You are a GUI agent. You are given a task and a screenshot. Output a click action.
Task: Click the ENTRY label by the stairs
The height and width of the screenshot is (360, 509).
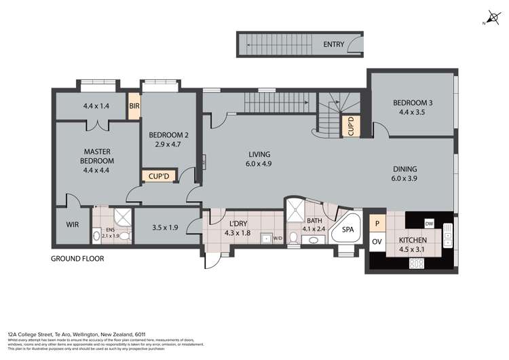tap(333, 45)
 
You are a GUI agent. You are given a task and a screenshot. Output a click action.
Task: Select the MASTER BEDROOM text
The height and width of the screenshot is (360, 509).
tap(98, 156)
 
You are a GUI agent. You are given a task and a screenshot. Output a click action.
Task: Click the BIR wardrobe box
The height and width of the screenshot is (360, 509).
tap(134, 107)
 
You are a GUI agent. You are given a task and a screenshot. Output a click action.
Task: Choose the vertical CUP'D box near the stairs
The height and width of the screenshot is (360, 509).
tap(351, 126)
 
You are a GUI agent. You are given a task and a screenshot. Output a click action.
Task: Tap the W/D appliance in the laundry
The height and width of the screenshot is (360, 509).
tap(277, 238)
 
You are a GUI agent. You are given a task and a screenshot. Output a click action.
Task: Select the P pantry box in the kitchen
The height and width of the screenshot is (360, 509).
tap(376, 223)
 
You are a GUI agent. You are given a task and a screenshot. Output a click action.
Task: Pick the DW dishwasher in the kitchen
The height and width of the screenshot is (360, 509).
tap(428, 223)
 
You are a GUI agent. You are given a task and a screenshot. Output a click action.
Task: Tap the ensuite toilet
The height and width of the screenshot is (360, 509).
tap(96, 236)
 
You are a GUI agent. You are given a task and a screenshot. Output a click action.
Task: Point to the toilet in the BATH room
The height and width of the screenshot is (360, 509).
tap(293, 238)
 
